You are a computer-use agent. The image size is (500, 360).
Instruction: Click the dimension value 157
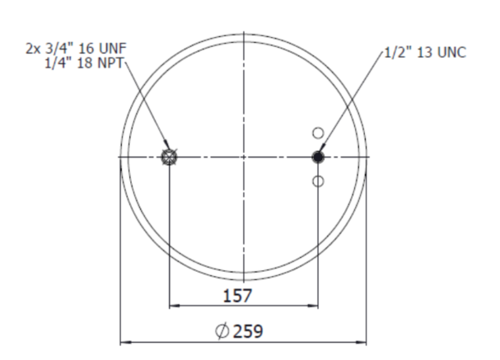[237, 295]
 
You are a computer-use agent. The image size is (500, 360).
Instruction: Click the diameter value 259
[248, 331]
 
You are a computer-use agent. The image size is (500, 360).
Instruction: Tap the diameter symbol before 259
[222, 331]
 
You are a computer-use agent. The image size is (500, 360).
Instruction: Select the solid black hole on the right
[318, 157]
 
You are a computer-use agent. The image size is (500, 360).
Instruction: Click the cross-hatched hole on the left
[169, 157]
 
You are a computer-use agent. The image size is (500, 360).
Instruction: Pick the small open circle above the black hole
[318, 133]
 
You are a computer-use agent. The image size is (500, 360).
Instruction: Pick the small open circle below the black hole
[318, 181]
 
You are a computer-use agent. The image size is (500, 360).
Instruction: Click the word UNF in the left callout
[113, 49]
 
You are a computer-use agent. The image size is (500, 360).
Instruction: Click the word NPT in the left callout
[110, 63]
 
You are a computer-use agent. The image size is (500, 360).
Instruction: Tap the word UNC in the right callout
[452, 53]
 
